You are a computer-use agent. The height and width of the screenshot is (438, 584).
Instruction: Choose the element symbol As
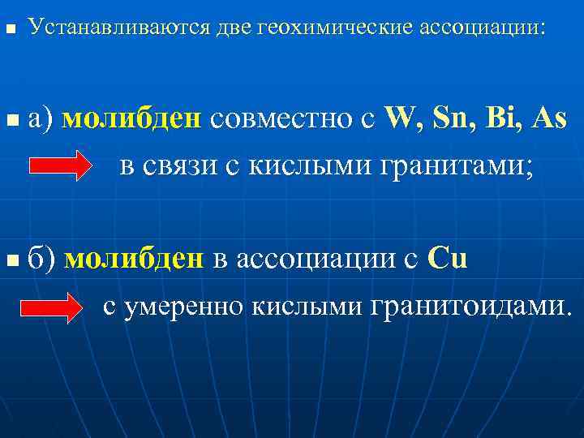pos(550,118)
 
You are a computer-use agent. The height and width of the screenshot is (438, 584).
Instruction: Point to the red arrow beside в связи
pos(61,166)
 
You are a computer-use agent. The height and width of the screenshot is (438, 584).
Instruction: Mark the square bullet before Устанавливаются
pos(10,29)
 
